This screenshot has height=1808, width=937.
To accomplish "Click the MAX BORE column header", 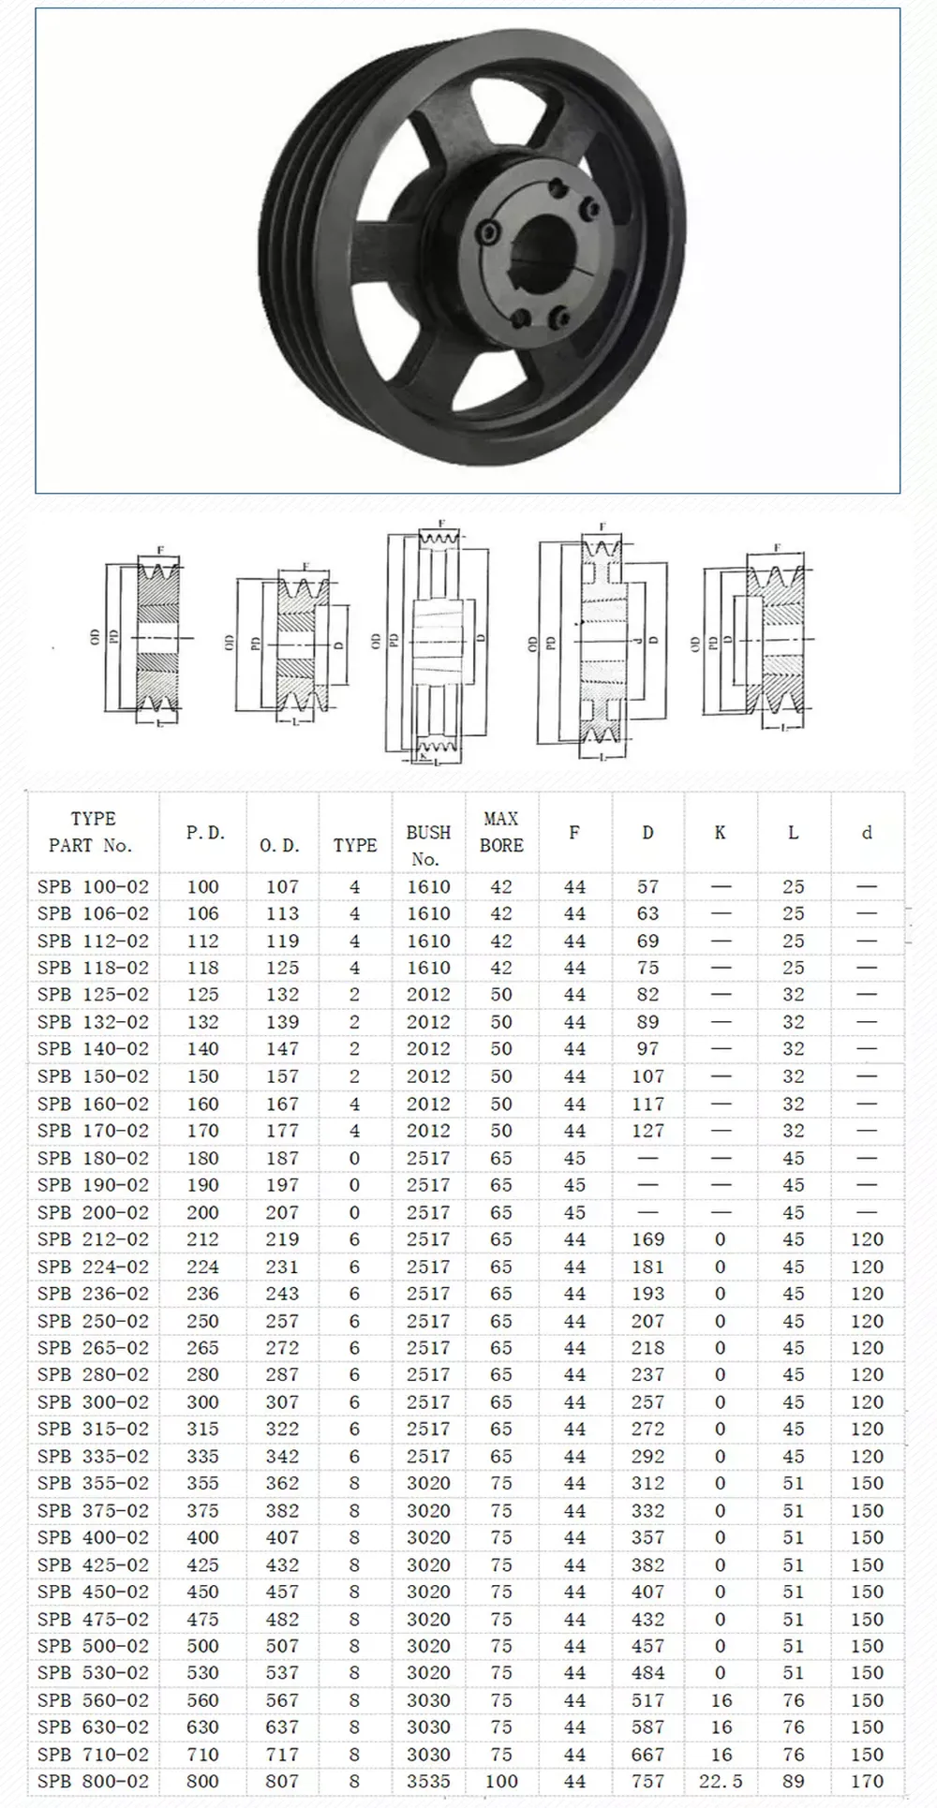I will click(x=501, y=832).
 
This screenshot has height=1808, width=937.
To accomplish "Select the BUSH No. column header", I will click(x=428, y=844).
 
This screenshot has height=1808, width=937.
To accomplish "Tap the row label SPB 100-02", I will click(x=93, y=886).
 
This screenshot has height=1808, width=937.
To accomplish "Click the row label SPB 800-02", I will click(x=93, y=1781).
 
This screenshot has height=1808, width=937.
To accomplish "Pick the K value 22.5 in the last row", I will click(x=720, y=1781).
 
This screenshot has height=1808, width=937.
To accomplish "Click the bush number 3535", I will click(x=428, y=1781).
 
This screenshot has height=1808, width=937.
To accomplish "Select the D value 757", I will click(x=647, y=1781).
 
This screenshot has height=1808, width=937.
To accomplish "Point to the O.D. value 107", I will click(x=282, y=886).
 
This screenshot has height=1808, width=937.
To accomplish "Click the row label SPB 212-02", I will click(x=93, y=1239).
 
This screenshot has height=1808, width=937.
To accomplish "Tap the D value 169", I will click(x=647, y=1239).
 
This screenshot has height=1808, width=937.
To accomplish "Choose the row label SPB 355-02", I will click(x=93, y=1483).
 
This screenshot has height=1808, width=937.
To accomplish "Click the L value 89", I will click(x=793, y=1781).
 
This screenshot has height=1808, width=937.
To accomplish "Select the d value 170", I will click(x=867, y=1781).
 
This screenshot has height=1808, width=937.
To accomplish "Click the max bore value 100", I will click(x=501, y=1781).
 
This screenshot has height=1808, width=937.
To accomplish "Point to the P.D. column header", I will click(x=204, y=833).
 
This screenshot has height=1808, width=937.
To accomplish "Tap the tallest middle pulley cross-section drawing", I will click(x=437, y=641).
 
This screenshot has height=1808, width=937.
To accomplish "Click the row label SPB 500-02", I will click(x=93, y=1646).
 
